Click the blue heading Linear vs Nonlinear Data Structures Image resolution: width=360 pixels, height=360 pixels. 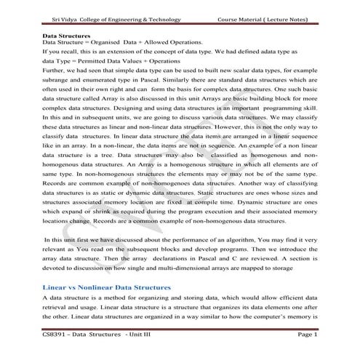(106, 288)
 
